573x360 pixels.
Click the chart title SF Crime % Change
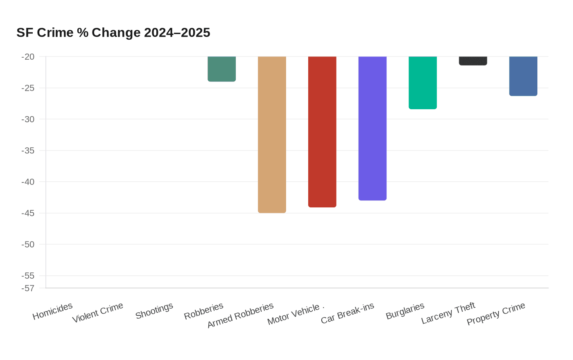coord(113,33)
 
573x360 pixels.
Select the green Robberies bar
coord(221,69)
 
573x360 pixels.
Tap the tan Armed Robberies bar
coord(272,135)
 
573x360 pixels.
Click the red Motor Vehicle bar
coord(322,132)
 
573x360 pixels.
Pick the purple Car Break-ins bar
coord(372,128)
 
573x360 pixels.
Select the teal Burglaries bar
coord(423,83)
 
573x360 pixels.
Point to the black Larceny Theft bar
coord(473,61)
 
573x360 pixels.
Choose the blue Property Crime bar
coord(523,76)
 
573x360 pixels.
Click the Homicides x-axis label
coord(52,311)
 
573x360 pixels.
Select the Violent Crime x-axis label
coord(98,313)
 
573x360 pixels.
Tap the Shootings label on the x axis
coord(154,311)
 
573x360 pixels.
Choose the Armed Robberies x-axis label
coord(241,315)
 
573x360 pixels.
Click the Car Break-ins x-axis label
coord(347,313)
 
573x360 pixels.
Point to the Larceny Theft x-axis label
coord(448,313)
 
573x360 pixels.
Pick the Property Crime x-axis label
coord(496,314)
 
